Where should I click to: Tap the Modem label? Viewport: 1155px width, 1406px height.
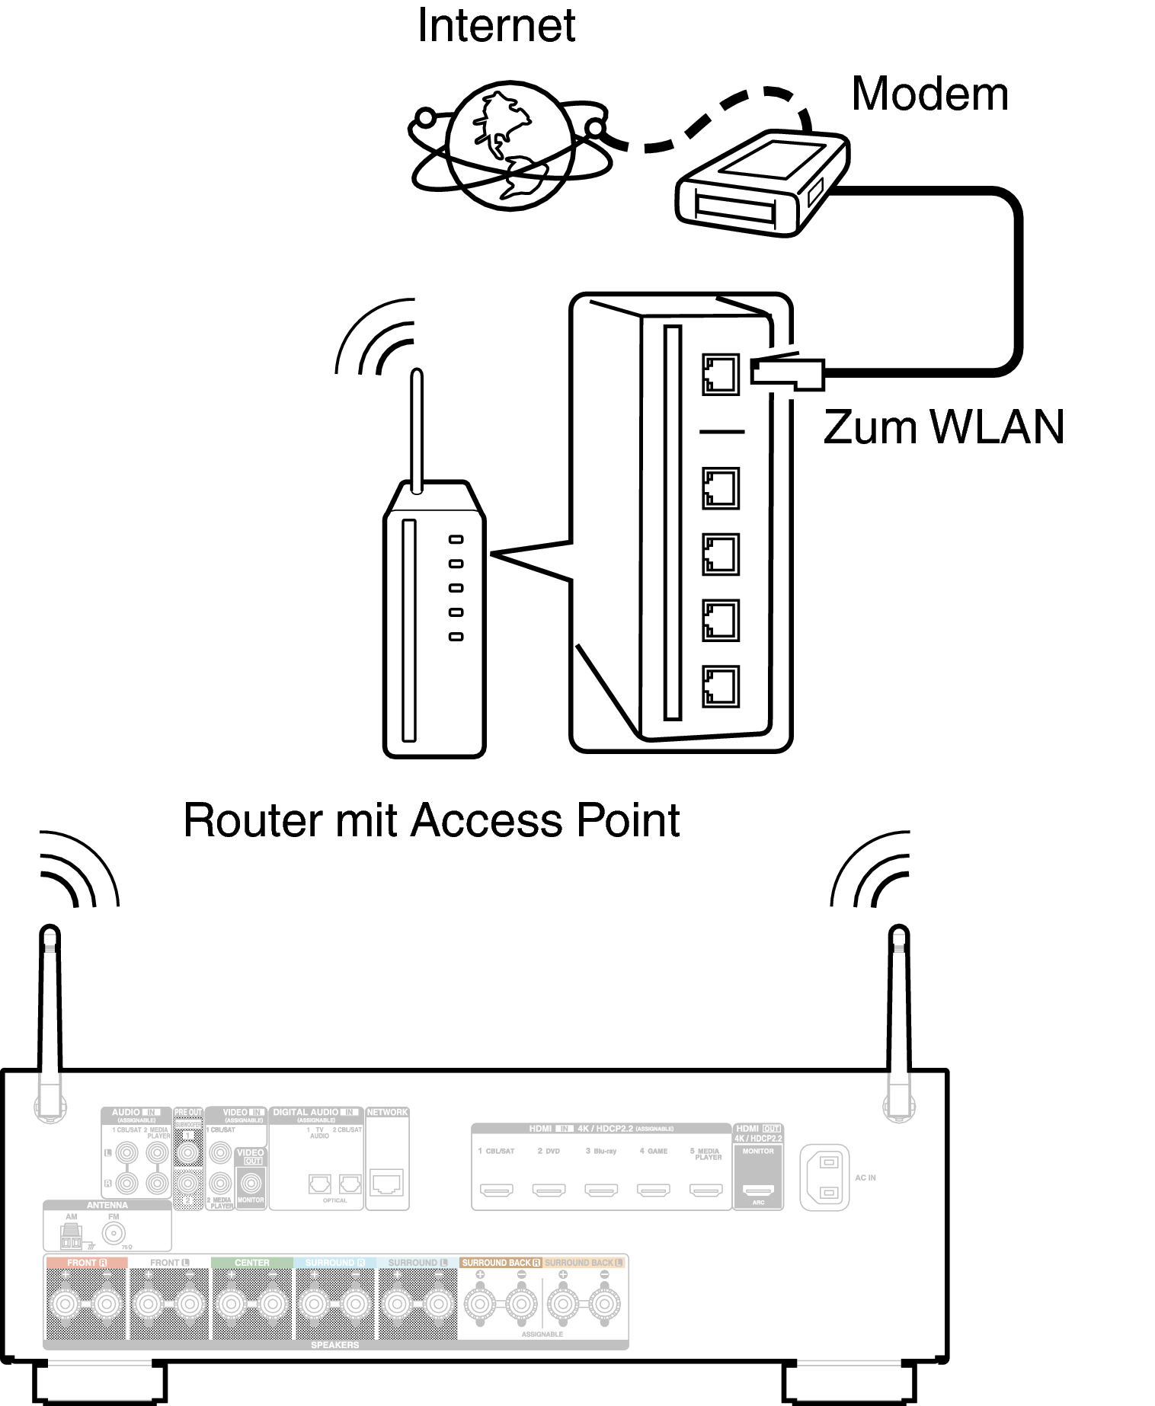[929, 94]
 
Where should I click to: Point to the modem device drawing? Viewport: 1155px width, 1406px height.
[762, 183]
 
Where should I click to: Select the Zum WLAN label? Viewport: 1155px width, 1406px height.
[943, 427]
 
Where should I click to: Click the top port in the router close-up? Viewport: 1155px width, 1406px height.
[720, 373]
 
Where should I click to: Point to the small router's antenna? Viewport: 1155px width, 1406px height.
[416, 430]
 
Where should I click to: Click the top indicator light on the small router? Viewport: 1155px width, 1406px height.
[456, 539]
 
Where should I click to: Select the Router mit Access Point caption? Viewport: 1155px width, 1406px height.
[431, 821]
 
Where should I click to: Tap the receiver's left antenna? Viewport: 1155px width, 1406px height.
[50, 1005]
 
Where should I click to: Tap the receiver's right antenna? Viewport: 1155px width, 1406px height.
[899, 1005]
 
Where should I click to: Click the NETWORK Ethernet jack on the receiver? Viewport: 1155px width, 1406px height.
[387, 1183]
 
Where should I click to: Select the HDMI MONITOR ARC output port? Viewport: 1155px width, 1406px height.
[758, 1189]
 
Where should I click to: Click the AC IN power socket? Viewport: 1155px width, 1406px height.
[824, 1178]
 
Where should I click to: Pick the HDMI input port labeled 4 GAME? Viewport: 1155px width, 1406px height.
[654, 1189]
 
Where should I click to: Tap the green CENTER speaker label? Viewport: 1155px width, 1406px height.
[252, 1262]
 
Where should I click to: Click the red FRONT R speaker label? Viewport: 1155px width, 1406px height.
[85, 1262]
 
